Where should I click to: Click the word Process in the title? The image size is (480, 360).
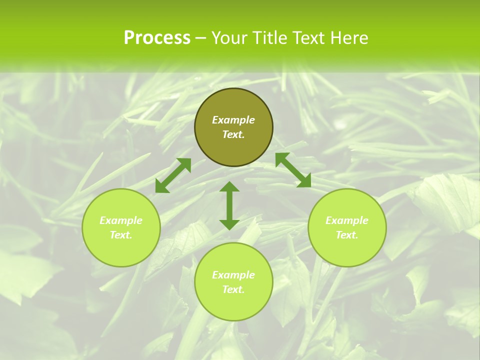coord(157,38)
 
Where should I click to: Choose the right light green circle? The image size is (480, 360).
coord(347,247)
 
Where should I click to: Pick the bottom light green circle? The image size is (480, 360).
coord(233,302)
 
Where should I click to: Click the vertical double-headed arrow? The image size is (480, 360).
coord(229,205)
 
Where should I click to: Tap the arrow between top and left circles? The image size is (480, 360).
coord(173,175)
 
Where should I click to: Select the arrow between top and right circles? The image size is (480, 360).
coord(293,170)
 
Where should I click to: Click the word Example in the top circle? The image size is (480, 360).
coord(233,120)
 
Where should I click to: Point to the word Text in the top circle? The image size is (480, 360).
coord(233,134)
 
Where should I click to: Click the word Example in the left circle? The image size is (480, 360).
coord(121,220)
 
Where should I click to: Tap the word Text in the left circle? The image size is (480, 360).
coord(121,235)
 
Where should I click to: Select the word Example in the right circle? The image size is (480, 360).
coord(347,220)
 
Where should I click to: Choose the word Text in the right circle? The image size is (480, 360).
coord(347,235)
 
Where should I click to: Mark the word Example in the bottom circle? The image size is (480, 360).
coord(233,275)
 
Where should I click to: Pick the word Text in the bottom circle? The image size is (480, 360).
coord(233,289)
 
